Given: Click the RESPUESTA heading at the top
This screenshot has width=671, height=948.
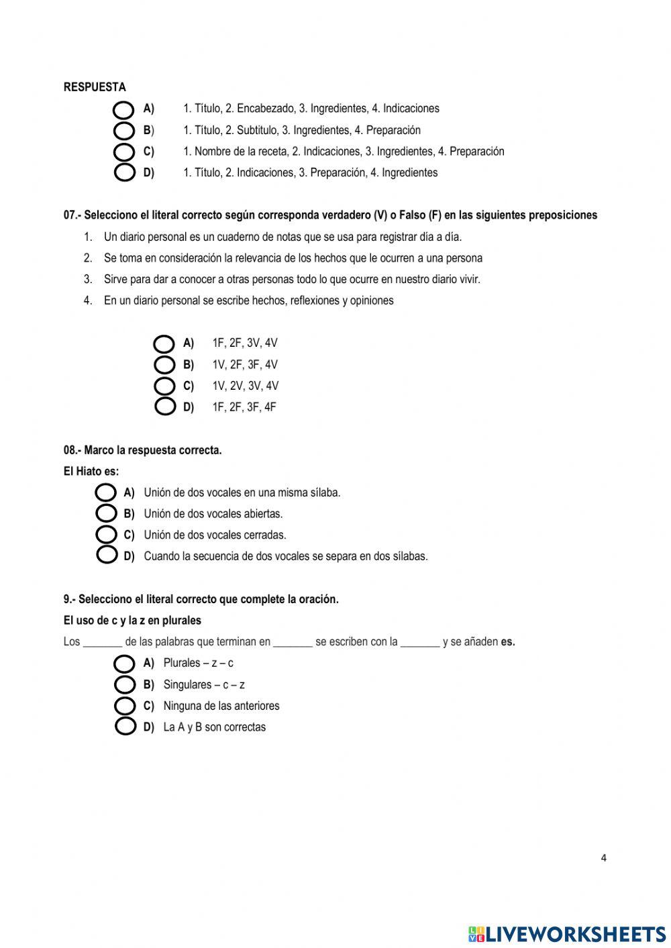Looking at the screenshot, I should [95, 87].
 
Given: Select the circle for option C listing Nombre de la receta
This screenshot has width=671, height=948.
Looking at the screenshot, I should [124, 151].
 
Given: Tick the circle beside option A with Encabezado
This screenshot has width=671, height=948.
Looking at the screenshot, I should [124, 109].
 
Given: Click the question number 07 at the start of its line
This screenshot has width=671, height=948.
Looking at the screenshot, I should [70, 215].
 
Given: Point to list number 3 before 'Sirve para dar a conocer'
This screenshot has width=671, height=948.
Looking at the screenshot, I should [88, 279].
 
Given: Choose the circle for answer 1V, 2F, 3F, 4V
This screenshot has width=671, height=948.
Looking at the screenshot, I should [164, 365].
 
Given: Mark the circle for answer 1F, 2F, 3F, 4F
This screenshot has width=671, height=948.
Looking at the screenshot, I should [164, 407].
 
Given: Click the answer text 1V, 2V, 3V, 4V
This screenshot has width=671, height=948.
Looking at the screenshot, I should [245, 386].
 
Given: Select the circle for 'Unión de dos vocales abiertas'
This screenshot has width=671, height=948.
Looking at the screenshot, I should [106, 514].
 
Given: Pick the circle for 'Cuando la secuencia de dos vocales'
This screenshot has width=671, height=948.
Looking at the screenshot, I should [106, 556].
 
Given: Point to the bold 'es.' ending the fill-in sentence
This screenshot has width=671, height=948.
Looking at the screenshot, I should [508, 642].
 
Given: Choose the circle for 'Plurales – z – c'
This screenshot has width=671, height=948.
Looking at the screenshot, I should [124, 664].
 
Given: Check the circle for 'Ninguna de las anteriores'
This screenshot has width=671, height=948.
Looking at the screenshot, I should [124, 706].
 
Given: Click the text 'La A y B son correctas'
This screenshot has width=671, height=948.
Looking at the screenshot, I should [214, 727].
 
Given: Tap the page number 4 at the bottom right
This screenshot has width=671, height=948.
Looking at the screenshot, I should [603, 858].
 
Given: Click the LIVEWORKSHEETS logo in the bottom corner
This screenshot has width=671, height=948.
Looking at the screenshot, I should [567, 934].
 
